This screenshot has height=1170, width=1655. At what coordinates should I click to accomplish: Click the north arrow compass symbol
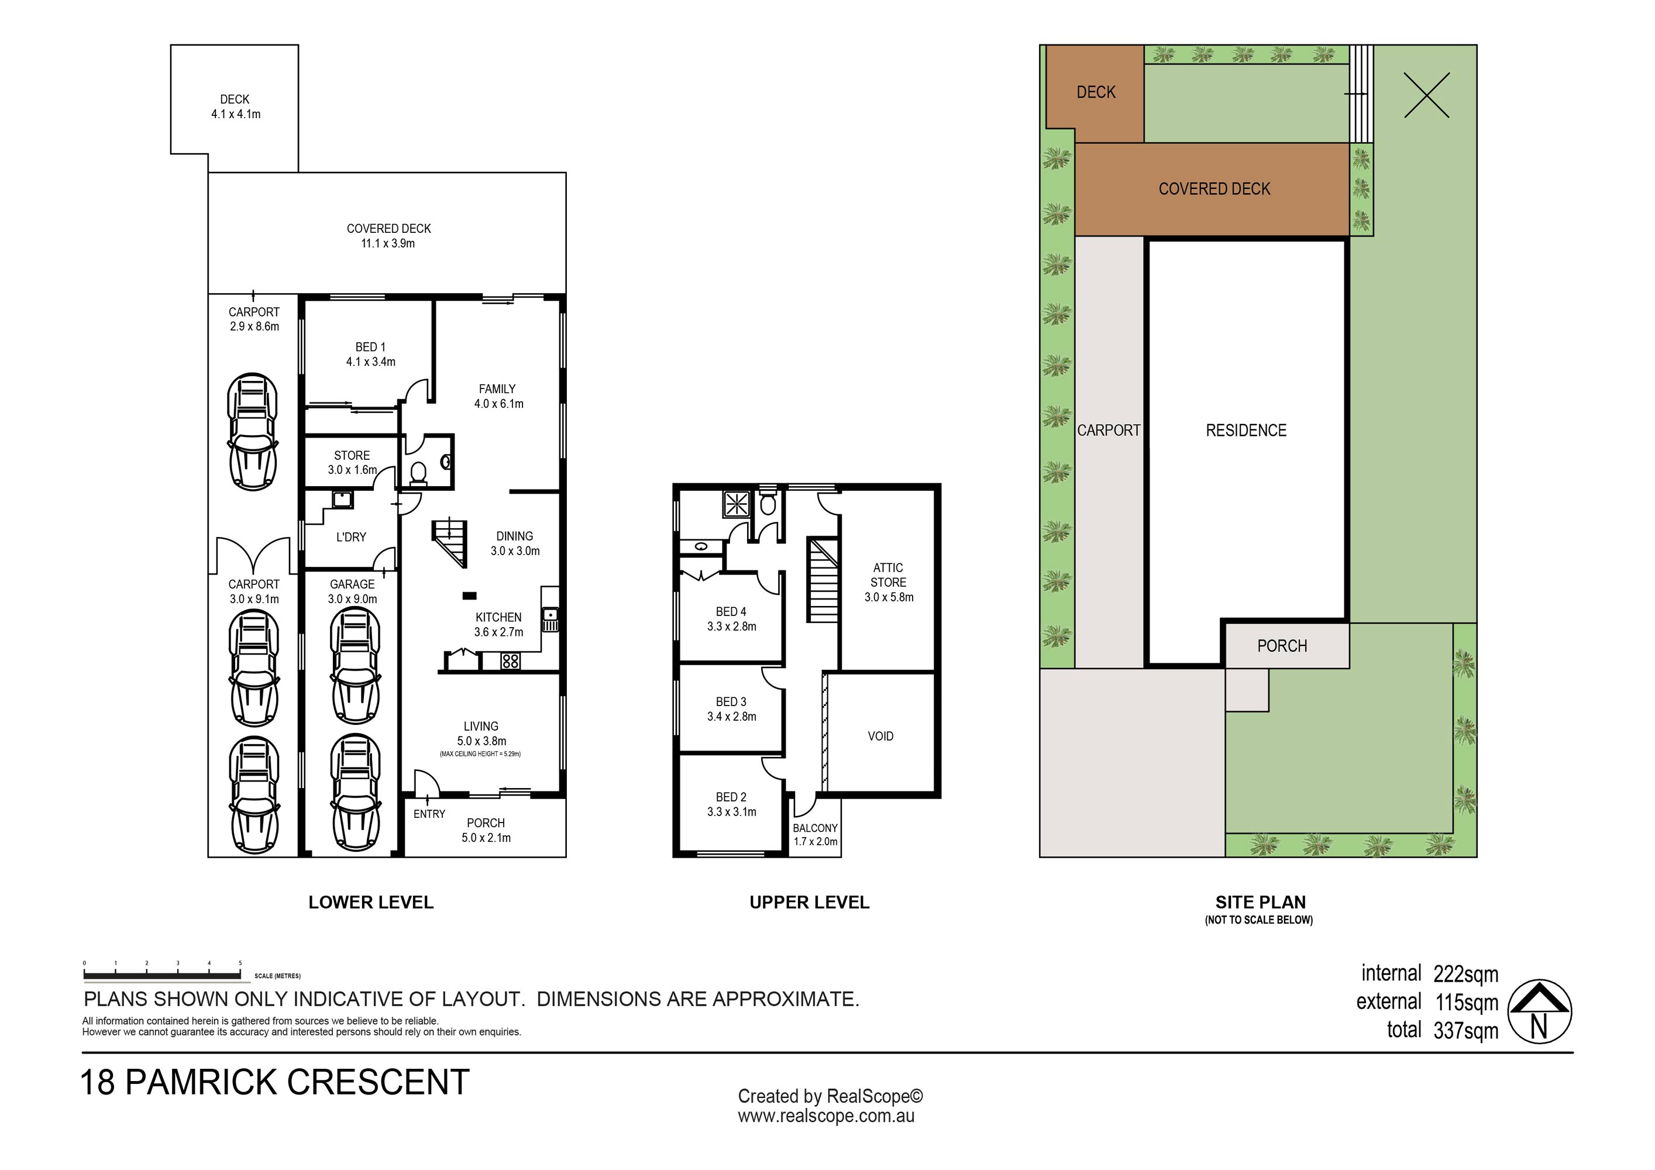(1540, 1012)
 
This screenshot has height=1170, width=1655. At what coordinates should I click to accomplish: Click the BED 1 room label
(370, 354)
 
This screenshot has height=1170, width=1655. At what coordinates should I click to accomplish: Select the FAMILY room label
(498, 396)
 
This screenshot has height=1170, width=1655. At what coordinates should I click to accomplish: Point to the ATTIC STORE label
(889, 581)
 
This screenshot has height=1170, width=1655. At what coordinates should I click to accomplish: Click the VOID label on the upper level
(881, 736)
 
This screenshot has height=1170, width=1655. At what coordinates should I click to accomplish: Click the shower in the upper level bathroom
(736, 503)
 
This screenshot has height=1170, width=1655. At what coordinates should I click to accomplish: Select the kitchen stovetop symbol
(510, 660)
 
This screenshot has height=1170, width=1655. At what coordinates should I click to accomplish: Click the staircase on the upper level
(823, 580)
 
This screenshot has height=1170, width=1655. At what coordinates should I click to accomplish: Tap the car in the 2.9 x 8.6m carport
(252, 432)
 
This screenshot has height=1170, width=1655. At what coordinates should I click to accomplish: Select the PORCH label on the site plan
(1282, 646)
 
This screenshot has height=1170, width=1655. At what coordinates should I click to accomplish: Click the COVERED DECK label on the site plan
(1214, 189)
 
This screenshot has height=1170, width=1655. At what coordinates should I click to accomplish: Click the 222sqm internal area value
(1465, 975)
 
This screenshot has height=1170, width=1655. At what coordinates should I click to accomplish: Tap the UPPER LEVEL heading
(810, 903)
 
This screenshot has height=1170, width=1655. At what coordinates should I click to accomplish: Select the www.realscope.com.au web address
(826, 1117)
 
